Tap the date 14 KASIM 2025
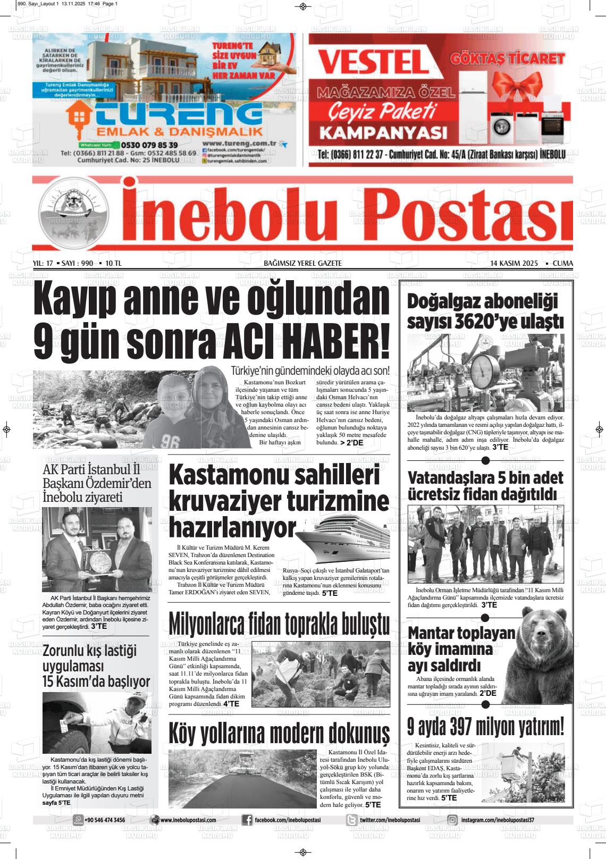click(514, 263)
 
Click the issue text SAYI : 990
click(77, 263)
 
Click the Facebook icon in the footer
click(247, 820)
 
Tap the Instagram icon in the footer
click(452, 820)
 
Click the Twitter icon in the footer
click(351, 820)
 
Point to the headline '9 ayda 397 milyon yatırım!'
click(485, 726)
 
